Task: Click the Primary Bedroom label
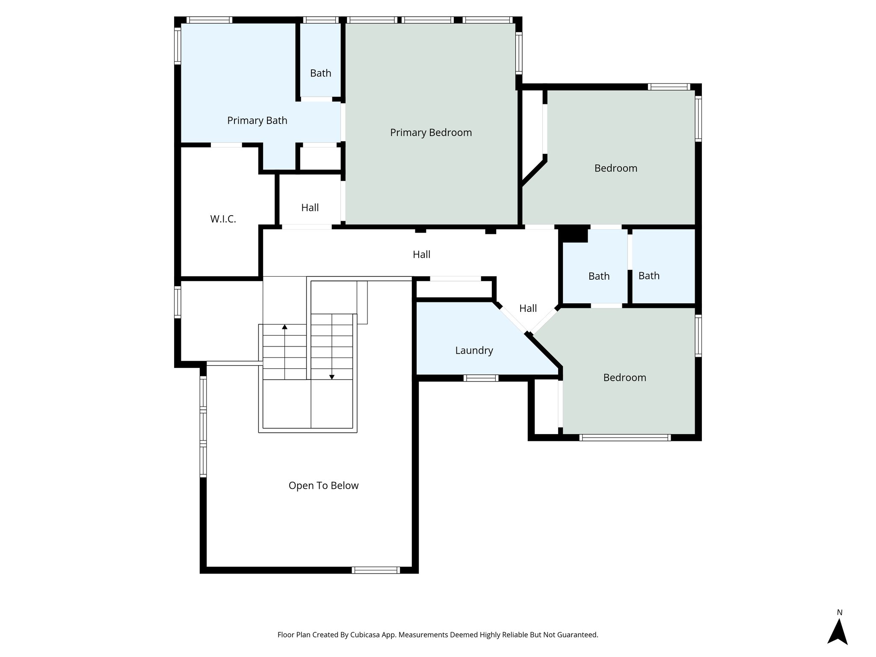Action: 431,133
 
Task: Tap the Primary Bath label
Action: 257,121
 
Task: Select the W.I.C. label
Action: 223,219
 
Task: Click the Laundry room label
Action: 474,351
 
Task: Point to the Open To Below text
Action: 323,485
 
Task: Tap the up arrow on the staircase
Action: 285,328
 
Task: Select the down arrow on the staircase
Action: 331,376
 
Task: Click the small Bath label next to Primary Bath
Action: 320,73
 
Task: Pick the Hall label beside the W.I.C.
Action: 310,208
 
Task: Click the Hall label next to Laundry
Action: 528,308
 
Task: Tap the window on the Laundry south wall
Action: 481,378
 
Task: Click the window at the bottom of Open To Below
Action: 376,570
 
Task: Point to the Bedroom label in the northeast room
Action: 616,169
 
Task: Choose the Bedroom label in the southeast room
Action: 624,378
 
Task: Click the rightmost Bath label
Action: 649,276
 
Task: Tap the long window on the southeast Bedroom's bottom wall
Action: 624,437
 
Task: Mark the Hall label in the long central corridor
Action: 421,255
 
